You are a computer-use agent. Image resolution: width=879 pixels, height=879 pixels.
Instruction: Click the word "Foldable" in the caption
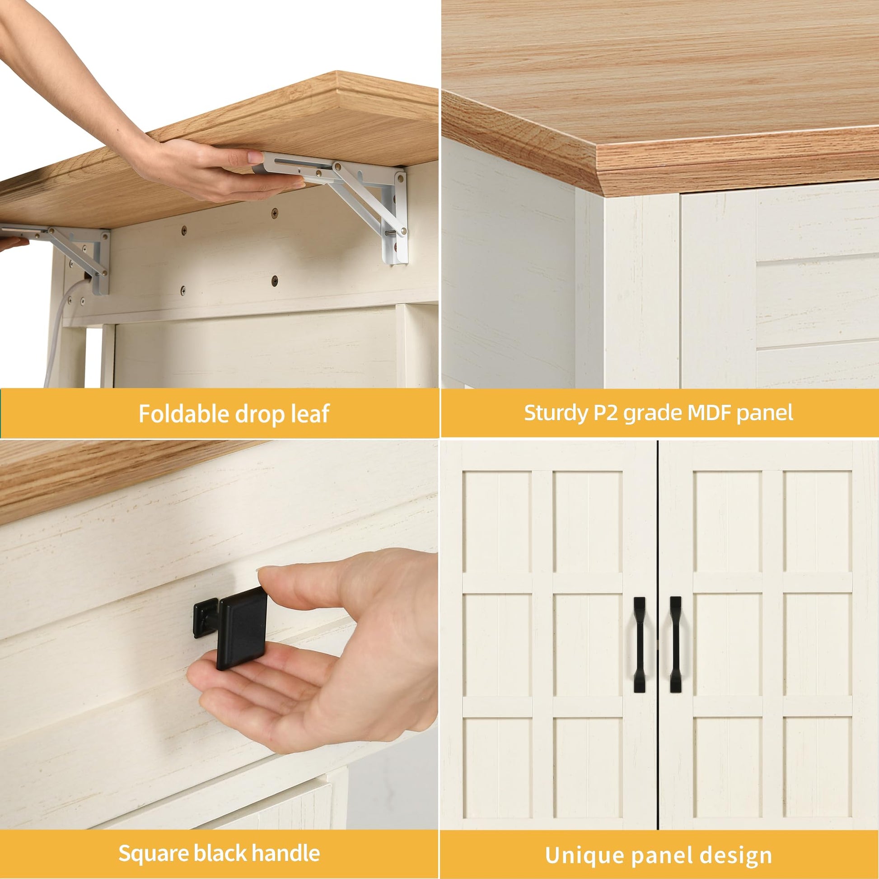coord(183,414)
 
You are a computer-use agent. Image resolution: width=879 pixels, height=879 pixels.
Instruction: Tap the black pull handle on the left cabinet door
coord(639,645)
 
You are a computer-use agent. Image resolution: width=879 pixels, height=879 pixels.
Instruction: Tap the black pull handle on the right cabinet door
coord(675,645)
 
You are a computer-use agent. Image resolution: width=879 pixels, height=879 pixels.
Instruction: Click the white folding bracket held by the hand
coord(346,200)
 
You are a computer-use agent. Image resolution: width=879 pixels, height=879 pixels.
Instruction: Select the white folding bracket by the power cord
coord(68,255)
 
